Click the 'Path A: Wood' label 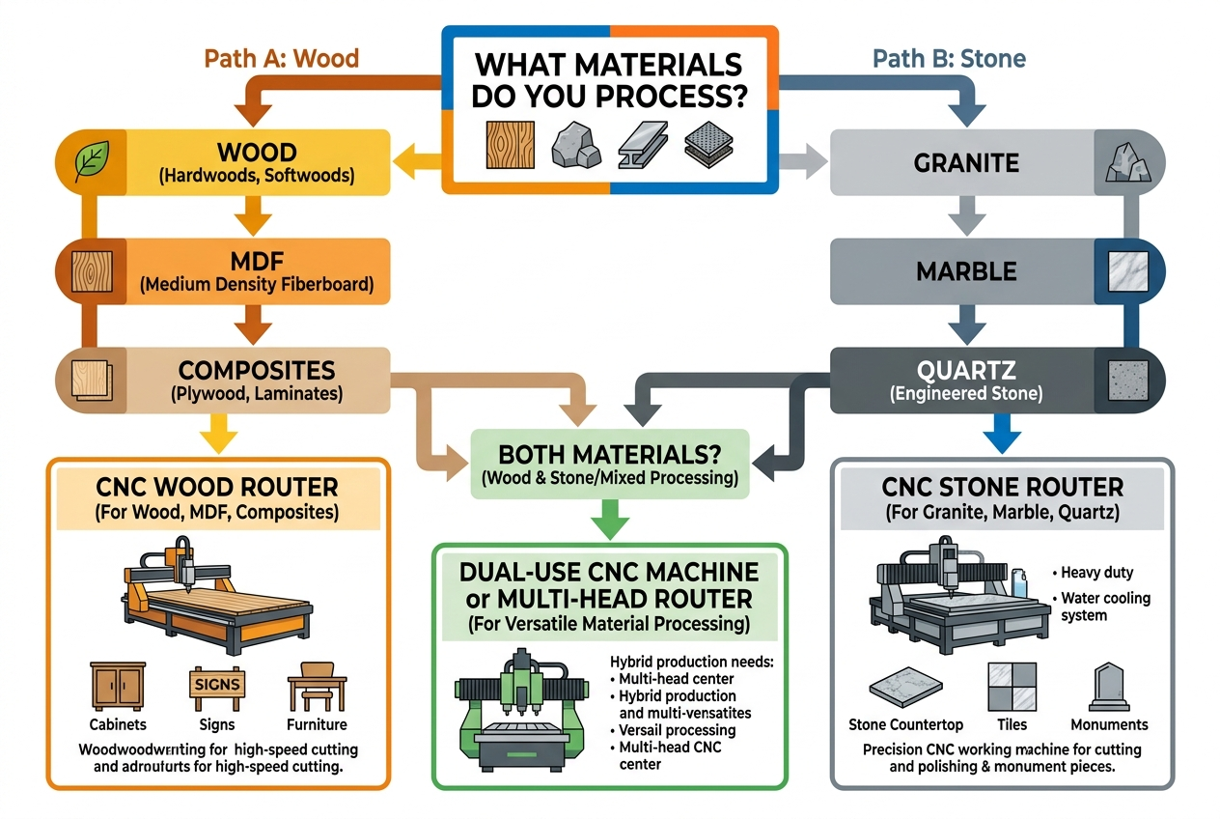pyautogui.click(x=281, y=58)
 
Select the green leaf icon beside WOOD pyautogui.click(x=93, y=161)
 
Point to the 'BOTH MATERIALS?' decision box pyautogui.click(x=610, y=463)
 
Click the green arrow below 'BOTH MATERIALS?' pyautogui.click(x=610, y=522)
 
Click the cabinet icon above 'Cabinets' pyautogui.click(x=117, y=687)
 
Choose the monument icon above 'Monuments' pyautogui.click(x=1108, y=688)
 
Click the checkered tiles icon pyautogui.click(x=1011, y=687)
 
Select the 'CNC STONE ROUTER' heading pyautogui.click(x=1002, y=486)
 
